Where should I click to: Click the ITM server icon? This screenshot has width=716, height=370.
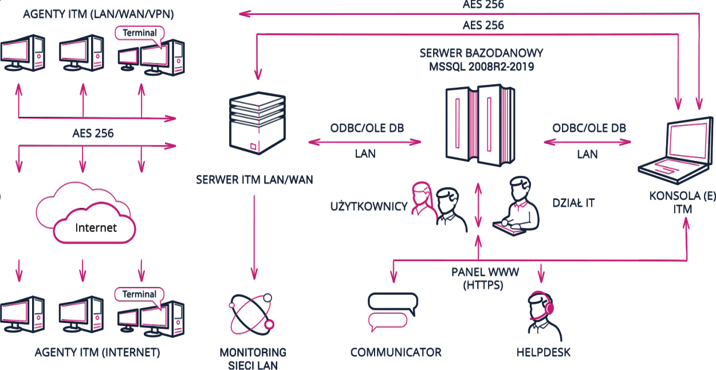point(256,124)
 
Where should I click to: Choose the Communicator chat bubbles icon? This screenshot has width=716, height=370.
point(393,312)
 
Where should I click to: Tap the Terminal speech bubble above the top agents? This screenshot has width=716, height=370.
point(139,33)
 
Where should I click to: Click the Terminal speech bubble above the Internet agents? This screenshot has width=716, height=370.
point(139,294)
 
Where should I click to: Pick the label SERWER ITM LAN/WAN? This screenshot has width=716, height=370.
point(254,180)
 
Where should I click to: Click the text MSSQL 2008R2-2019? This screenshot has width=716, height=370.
point(482,66)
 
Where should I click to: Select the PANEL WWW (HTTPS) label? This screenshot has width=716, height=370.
point(477,278)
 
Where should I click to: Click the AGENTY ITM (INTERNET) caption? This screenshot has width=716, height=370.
point(97,352)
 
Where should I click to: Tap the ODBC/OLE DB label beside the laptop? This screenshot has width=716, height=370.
point(589,127)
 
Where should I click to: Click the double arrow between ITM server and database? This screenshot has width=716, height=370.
point(365,141)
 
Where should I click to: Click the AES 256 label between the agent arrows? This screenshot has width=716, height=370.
point(93,133)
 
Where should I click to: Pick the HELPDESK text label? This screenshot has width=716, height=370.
point(544,352)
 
